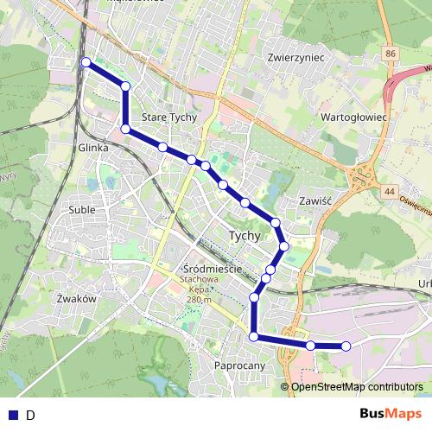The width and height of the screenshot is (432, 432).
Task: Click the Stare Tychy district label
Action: click(x=169, y=118)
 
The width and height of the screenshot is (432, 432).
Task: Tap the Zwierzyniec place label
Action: click(x=295, y=57)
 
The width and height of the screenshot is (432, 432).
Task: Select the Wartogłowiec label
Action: click(x=353, y=115)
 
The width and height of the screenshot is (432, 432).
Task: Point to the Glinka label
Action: click(x=93, y=148)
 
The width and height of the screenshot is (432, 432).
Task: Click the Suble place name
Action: click(x=81, y=209)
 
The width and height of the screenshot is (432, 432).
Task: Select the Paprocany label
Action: click(x=238, y=366)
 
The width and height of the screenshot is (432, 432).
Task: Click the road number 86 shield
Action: click(x=392, y=54)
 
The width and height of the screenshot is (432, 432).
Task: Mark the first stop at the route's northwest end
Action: click(x=86, y=62)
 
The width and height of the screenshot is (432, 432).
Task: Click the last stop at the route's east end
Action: click(x=346, y=346)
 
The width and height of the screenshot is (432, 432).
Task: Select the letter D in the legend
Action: click(x=30, y=415)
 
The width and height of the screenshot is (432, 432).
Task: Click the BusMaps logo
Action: click(x=391, y=414)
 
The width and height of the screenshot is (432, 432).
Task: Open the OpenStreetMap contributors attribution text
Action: click(x=357, y=386)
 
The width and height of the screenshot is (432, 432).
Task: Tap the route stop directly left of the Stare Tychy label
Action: click(x=125, y=129)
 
